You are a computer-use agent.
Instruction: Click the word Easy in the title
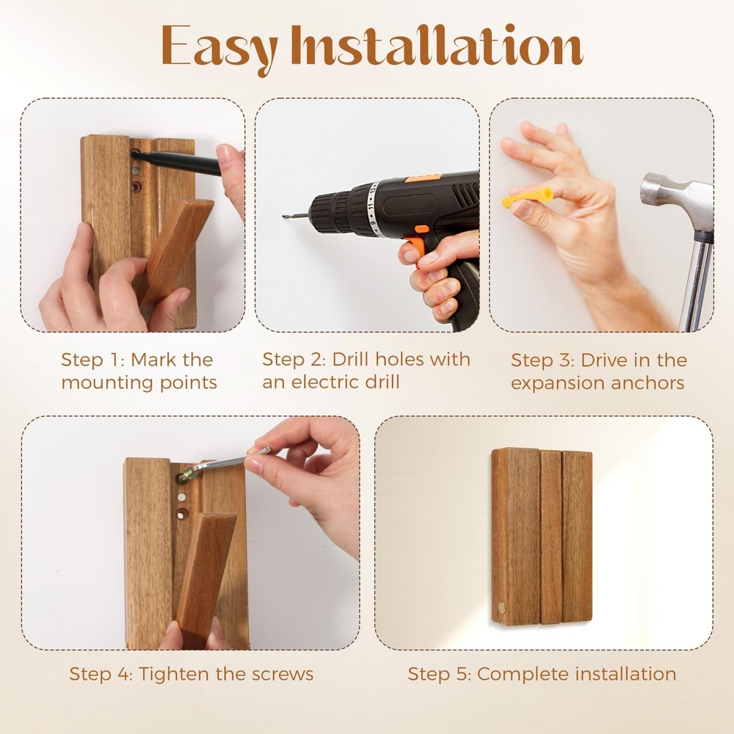219,48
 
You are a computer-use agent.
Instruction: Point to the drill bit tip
286,217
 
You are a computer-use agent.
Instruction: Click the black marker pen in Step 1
180,161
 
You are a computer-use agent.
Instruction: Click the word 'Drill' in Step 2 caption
354,360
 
